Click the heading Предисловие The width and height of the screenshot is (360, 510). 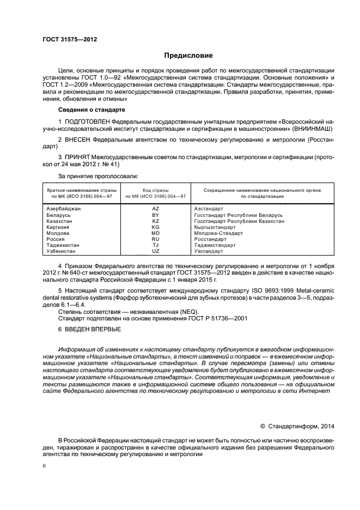click(x=184, y=56)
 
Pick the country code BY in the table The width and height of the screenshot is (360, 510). click(x=155, y=215)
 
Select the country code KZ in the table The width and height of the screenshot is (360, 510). click(x=155, y=221)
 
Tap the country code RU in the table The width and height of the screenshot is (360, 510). click(x=155, y=239)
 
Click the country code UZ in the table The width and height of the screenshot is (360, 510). click(x=155, y=251)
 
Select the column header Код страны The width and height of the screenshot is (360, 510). click(x=155, y=190)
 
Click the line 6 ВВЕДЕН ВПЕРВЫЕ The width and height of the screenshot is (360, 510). click(x=90, y=330)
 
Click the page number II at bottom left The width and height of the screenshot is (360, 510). click(x=45, y=466)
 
